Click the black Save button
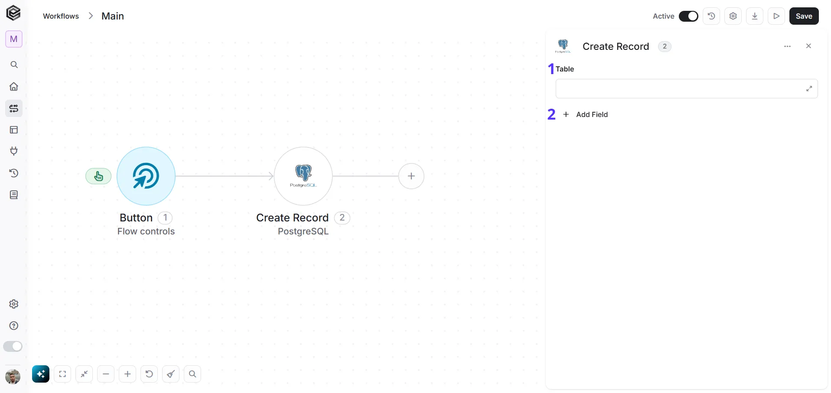[x=804, y=16]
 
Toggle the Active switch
[x=688, y=16]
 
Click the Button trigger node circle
[x=146, y=176]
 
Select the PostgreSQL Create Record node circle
[x=303, y=176]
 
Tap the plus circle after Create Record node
[x=411, y=176]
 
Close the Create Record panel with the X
[x=808, y=46]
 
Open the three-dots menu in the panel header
[x=788, y=46]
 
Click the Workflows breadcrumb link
[x=61, y=16]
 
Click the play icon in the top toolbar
[x=776, y=16]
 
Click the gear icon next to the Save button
[x=733, y=16]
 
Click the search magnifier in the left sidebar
[x=14, y=65]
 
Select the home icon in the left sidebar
[x=14, y=87]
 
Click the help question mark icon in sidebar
[x=14, y=326]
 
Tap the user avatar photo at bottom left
[x=13, y=377]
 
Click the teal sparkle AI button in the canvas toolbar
[x=41, y=374]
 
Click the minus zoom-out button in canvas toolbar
[x=106, y=374]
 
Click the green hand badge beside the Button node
[x=98, y=176]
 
